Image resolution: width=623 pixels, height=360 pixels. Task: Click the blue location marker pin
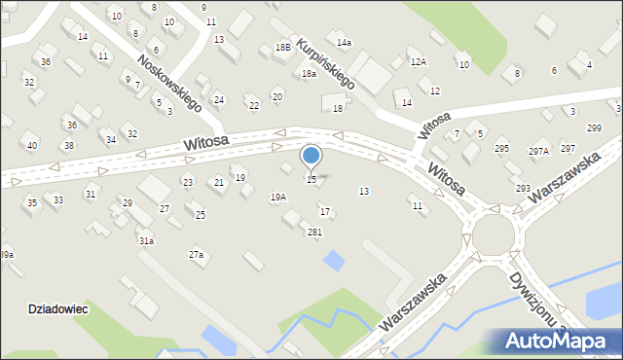(311, 156)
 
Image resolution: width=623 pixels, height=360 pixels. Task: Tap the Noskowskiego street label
(169, 83)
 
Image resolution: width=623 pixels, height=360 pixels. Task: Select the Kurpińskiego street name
(327, 64)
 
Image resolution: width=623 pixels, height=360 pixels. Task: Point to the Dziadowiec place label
(58, 308)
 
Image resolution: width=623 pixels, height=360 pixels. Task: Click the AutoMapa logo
(555, 341)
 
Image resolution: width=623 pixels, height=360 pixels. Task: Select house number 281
(314, 232)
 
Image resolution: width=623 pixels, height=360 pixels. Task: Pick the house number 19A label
(277, 198)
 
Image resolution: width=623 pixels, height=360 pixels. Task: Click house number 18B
(282, 47)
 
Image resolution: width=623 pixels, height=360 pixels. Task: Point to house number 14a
(344, 43)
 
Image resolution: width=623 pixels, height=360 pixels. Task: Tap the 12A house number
(418, 61)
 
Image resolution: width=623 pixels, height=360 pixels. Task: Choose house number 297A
(538, 151)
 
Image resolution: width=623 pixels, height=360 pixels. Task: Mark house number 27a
(197, 255)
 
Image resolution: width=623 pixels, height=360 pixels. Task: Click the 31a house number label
(146, 240)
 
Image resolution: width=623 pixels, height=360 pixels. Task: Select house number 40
(32, 146)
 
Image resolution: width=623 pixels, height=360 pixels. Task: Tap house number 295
(501, 148)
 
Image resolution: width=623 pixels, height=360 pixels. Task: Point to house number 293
(523, 188)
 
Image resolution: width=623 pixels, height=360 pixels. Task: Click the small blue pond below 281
(333, 261)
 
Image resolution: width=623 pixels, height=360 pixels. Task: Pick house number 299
(594, 128)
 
